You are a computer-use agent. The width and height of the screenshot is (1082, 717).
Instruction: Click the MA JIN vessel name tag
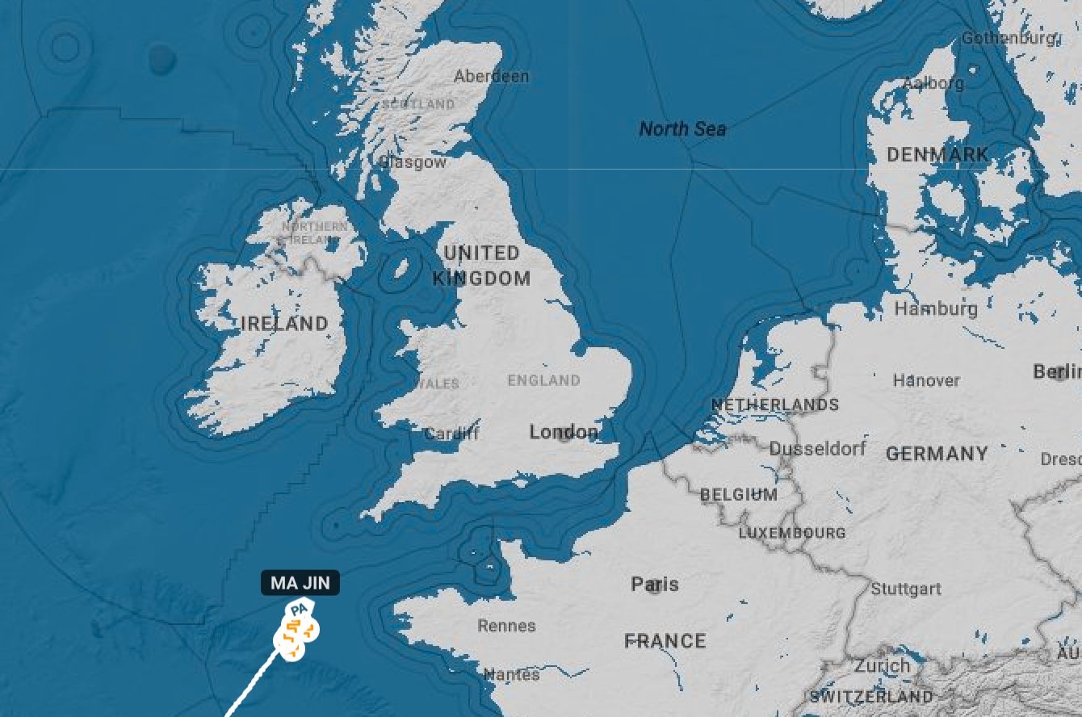pos(300,583)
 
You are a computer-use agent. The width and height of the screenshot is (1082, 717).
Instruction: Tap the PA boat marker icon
pos(300,609)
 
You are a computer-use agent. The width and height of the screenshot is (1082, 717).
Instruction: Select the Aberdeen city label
pos(491,77)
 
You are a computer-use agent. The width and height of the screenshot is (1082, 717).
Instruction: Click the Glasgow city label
pos(413,162)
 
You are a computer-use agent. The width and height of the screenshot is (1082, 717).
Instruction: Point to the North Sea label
pos(682,128)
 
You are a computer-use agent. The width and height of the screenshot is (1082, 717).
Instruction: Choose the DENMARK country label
pos(937,154)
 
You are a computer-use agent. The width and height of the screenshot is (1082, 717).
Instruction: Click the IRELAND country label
pos(284,324)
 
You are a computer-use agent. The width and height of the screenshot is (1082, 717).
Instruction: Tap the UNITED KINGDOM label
pos(481,266)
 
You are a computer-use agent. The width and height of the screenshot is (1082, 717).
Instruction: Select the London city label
pos(564,433)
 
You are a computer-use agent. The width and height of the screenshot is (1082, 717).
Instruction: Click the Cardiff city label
pos(451,434)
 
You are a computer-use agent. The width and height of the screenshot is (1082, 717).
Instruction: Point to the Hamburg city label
pos(936,308)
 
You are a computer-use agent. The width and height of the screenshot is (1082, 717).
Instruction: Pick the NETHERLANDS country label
pos(774,405)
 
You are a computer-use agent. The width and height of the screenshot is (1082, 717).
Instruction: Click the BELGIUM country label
pos(739,494)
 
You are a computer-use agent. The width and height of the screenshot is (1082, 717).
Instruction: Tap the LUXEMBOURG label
pos(792,533)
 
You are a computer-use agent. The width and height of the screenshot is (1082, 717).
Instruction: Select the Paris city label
pos(655,584)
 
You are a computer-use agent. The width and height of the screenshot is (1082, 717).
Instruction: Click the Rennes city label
pos(506,626)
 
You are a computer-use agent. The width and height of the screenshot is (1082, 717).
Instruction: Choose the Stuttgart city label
pos(906,589)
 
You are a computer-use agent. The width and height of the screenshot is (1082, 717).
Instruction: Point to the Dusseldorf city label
pos(817,448)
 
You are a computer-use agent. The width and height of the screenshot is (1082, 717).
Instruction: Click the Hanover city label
pos(926,379)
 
